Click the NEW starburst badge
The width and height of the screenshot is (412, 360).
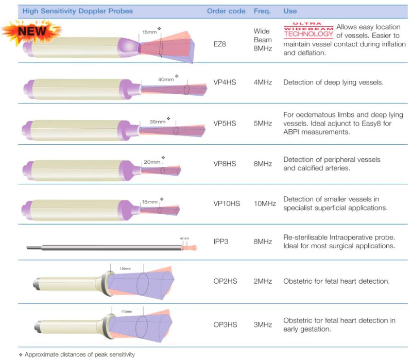pos(31,31)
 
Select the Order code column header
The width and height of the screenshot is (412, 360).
pos(226,11)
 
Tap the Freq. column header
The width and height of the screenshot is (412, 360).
pos(262,11)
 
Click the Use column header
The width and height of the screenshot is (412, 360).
pos(290,11)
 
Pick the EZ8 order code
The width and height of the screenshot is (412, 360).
pos(220,44)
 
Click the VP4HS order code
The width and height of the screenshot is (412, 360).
pos(225,82)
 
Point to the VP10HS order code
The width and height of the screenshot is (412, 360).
pos(227,203)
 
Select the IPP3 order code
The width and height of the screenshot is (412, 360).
pos(221,241)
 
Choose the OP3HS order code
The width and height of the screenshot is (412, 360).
pos(225,324)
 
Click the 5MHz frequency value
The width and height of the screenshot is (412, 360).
pos(263,123)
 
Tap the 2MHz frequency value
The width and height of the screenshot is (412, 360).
pos(263,281)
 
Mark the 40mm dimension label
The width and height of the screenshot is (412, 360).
pos(166,79)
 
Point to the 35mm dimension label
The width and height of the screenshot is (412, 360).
pos(158,122)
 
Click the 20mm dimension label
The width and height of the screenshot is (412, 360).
pos(152,162)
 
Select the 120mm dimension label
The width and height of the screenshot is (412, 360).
pos(125,268)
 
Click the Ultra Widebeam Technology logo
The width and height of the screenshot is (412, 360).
pos(308,30)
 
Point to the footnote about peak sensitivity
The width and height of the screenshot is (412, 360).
pos(77,354)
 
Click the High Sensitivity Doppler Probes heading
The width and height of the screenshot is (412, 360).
pos(78,11)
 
